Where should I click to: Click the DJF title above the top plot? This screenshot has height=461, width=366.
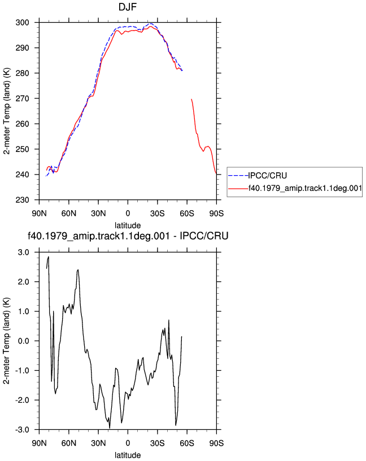[128, 7]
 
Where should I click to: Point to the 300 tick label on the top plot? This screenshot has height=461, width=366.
[23, 23]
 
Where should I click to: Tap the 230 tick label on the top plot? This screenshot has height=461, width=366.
[23, 200]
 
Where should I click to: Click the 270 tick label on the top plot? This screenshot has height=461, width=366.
[23, 98]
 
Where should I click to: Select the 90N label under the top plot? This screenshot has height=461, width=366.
[39, 213]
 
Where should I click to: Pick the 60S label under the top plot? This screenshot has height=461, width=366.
[187, 213]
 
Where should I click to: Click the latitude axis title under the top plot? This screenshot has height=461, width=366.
[128, 225]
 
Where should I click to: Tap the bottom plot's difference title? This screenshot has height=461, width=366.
[128, 236]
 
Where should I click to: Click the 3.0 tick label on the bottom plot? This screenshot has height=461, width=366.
[24, 253]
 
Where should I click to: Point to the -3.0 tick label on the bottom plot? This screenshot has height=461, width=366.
[23, 430]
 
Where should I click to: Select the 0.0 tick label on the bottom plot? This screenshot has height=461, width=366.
[24, 341]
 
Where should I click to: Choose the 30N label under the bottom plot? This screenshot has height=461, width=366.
[98, 443]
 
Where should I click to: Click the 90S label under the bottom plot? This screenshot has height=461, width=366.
[216, 443]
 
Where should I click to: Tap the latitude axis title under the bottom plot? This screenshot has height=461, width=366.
[128, 455]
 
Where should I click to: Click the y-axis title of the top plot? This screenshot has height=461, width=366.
[6, 111]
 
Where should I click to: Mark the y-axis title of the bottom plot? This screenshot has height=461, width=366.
[6, 341]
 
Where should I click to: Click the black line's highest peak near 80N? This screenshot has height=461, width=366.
[48, 256]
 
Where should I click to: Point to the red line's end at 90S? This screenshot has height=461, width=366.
[216, 174]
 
